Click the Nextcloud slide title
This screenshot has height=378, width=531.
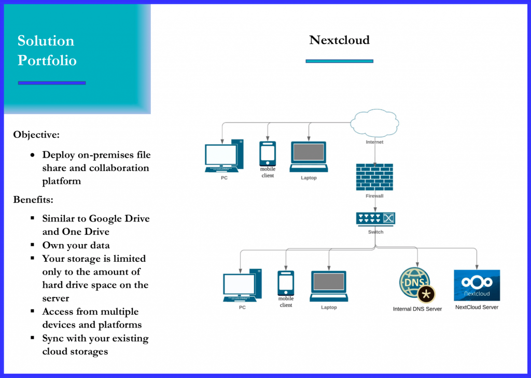339,40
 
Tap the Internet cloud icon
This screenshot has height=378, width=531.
374,123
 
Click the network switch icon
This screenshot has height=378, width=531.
375,219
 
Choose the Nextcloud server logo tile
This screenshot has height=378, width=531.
477,285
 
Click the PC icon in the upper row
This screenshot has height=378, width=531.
224,156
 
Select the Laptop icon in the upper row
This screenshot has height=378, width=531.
309,156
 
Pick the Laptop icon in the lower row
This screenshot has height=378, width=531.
329,286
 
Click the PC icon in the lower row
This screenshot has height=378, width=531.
242,286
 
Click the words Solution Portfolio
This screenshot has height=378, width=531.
47,50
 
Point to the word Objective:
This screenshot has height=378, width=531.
36,135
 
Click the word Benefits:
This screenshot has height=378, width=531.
34,200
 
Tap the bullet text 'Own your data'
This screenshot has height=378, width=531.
76,245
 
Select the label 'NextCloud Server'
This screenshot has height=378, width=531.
477,307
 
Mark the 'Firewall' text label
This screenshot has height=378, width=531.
374,197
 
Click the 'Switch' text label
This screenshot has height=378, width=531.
375,232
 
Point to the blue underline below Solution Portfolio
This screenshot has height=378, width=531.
51,82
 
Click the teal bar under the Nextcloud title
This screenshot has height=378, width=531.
339,61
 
